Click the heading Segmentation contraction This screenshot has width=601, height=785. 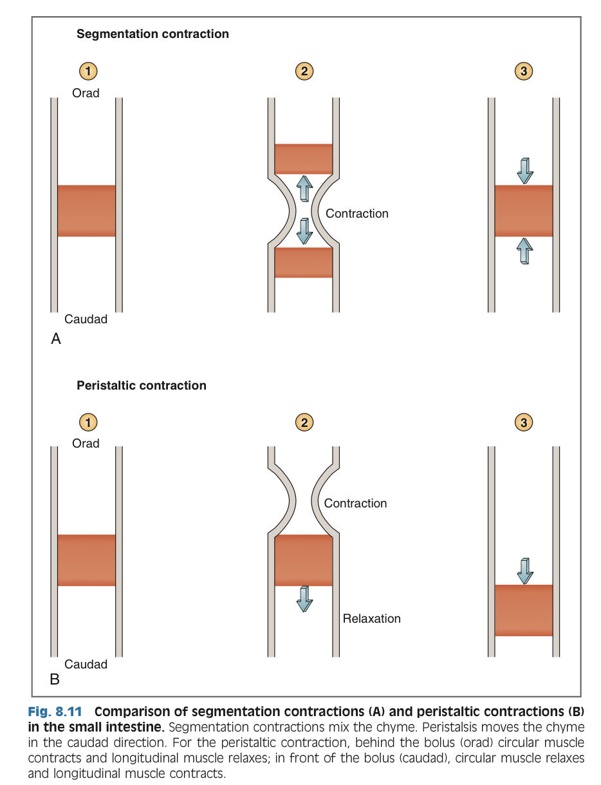(153, 34)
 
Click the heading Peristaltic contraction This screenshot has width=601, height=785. (142, 386)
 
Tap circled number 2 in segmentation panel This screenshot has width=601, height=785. (304, 71)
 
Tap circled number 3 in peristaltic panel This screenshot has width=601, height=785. (524, 422)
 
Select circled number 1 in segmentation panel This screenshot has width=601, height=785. (88, 71)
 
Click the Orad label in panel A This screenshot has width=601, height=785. (86, 93)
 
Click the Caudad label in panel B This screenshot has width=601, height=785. (86, 664)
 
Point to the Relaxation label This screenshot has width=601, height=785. (371, 619)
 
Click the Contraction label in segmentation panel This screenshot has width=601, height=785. (357, 214)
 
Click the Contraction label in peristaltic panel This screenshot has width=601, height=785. (355, 504)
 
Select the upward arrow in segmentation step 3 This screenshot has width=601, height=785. (525, 251)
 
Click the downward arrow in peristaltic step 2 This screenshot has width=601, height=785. (304, 599)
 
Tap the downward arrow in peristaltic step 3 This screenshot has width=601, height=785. (525, 571)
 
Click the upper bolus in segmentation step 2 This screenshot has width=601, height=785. (304, 159)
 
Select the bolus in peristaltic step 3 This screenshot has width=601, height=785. (524, 610)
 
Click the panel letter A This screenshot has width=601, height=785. (56, 339)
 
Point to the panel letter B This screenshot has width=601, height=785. (55, 679)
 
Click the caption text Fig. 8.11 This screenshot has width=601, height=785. (57, 713)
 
